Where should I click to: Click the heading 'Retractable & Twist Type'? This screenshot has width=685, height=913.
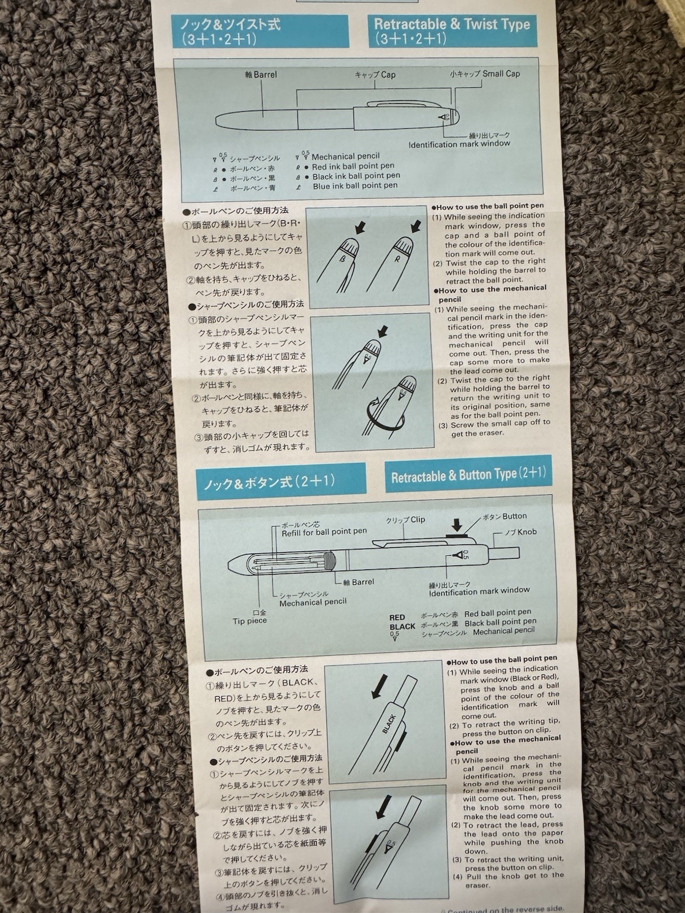(x=452, y=24)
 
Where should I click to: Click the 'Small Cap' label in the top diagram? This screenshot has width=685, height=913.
(x=501, y=74)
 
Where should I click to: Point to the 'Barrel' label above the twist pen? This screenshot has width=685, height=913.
(x=265, y=75)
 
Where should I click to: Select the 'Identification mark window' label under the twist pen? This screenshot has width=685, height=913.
(x=459, y=144)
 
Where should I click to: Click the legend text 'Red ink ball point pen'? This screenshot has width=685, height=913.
(x=353, y=167)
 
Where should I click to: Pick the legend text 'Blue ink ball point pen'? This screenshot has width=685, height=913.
(x=355, y=186)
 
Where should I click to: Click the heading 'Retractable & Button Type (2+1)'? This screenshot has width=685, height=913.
(x=469, y=474)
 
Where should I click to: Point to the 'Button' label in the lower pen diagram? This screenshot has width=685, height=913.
(x=514, y=516)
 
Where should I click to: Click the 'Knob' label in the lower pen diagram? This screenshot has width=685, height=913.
(x=526, y=532)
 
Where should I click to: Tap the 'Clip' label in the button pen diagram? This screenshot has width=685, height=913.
(x=418, y=519)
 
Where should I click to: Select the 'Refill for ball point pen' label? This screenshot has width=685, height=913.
(x=324, y=532)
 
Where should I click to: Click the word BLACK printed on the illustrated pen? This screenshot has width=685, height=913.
(x=388, y=724)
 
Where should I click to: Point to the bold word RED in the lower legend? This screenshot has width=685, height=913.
(x=397, y=617)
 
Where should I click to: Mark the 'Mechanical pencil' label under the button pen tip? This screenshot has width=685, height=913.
(x=313, y=602)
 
